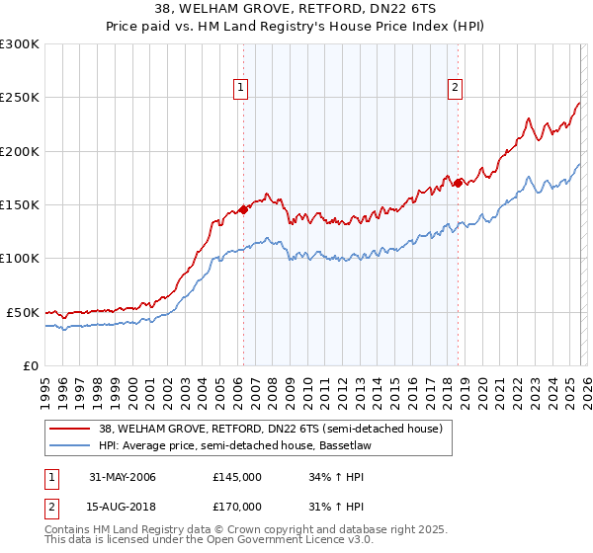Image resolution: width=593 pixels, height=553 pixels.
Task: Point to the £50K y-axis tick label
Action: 22,312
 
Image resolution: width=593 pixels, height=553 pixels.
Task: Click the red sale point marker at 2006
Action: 243,210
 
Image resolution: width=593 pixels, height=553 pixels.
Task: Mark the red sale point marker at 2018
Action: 458,183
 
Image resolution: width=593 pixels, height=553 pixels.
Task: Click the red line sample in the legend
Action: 70,428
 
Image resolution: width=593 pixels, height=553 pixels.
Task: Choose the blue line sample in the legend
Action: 70,444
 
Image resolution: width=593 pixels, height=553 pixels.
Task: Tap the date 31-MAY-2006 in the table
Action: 123,477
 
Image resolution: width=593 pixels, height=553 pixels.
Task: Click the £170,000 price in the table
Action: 237,505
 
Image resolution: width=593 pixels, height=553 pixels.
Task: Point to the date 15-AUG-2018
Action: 123,505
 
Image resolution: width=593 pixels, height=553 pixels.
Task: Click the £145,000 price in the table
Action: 237,477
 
